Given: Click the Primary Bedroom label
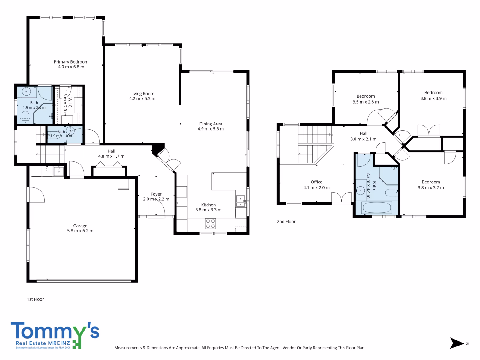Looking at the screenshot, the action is coord(71,62).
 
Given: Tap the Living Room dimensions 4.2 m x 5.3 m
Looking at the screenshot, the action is coord(142,99).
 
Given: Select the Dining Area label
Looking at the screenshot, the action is coord(211,124).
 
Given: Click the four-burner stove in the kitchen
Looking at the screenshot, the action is coord(210,223).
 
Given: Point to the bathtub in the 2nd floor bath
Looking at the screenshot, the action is coord(377,207).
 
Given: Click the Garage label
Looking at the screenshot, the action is coord(80,226).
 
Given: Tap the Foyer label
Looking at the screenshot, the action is coord(156,194).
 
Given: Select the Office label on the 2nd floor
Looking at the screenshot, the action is coord(316,182).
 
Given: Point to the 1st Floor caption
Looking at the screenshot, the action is coord(35,299).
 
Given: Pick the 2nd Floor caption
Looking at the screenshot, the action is coord(286,222).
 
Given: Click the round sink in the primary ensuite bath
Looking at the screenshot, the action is coord(26,91).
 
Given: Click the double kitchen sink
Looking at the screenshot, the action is coord(241,201).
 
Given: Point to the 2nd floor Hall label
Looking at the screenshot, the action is coord(363,133).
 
